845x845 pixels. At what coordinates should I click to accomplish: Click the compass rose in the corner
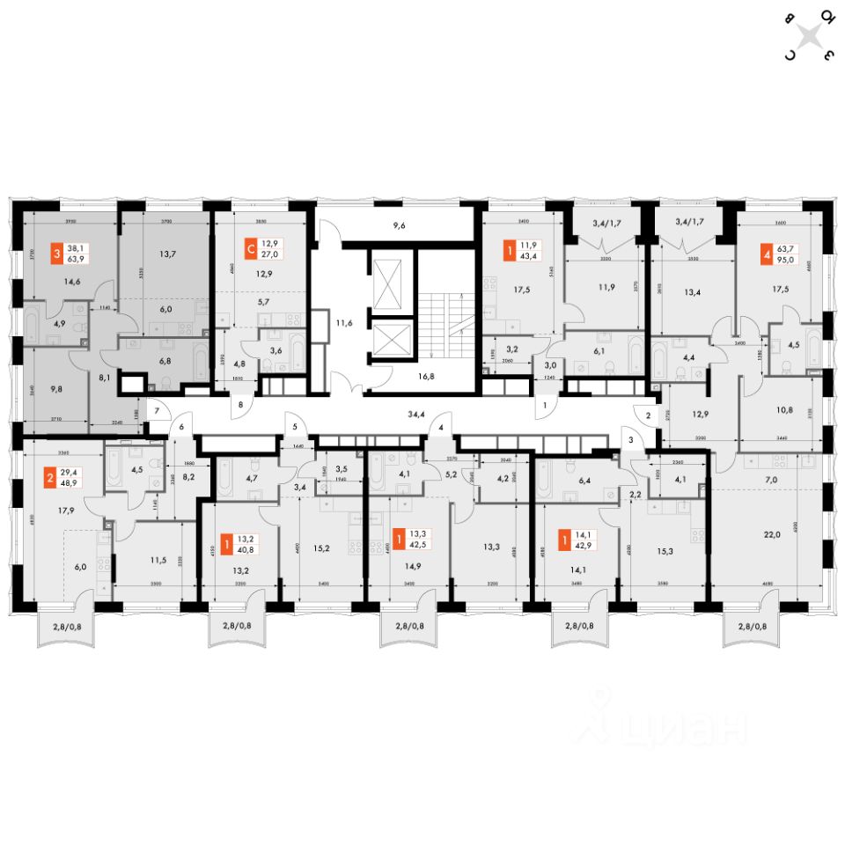(x=809, y=36)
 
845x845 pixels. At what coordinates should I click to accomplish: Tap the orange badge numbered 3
(x=57, y=253)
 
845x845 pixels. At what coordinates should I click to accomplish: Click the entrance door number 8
(x=239, y=406)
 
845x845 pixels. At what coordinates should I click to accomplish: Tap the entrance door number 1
(x=546, y=406)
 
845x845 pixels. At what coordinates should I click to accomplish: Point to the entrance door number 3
(x=630, y=439)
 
